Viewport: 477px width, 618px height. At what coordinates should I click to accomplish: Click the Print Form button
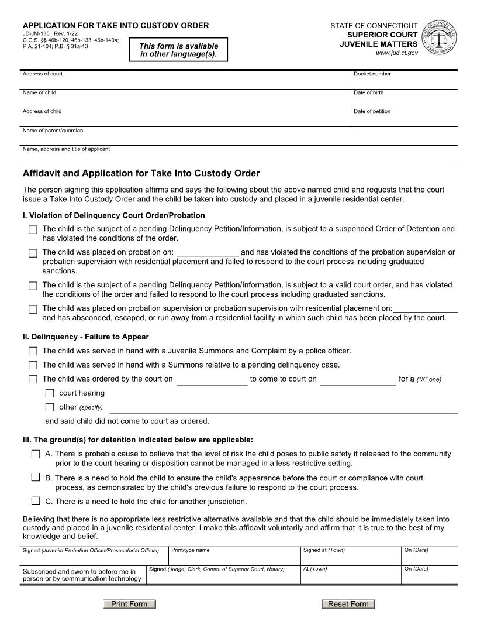pos(129,604)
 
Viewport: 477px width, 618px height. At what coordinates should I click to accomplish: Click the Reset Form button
pos(348,604)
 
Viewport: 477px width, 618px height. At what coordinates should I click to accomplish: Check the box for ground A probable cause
pos(36,454)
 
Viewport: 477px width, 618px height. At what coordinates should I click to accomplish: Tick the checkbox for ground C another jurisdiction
pos(36,501)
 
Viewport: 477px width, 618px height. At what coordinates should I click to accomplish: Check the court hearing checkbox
pos(50,393)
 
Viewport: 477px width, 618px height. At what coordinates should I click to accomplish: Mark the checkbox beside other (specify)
pos(50,407)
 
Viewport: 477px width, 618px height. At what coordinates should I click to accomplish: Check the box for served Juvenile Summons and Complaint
pos(33,351)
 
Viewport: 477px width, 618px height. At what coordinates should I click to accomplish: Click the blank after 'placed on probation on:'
pos(207,252)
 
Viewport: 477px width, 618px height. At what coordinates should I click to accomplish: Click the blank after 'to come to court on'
pos(358,379)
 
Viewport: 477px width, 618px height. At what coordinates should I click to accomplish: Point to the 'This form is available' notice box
pos(178,50)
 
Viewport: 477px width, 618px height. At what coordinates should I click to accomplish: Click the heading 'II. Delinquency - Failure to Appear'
pos(85,337)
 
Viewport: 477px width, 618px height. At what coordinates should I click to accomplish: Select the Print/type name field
pos(234,558)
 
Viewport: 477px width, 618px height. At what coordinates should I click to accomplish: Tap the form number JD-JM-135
pos(36,34)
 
